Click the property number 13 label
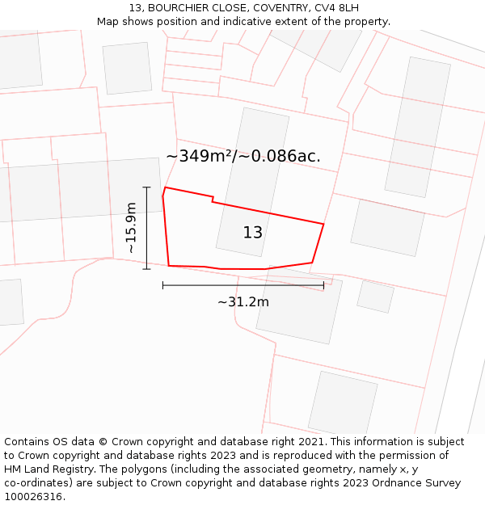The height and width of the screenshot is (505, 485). [x=252, y=233]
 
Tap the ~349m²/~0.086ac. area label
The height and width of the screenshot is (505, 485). [x=243, y=156]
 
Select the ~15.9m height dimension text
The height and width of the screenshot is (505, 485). [x=131, y=228]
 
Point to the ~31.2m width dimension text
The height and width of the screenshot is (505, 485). [x=243, y=302]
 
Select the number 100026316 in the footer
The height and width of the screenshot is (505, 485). [x=32, y=497]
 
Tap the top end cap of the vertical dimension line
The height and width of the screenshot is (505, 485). [x=146, y=187]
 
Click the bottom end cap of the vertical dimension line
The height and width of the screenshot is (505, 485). [x=146, y=269]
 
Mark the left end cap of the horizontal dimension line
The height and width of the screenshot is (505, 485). [x=162, y=285]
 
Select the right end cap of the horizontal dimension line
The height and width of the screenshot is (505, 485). [x=323, y=285]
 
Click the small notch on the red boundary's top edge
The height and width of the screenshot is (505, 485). [x=213, y=199]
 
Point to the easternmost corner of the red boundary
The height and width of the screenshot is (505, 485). [x=323, y=224]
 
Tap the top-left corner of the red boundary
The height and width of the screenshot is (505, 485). [x=165, y=188]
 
